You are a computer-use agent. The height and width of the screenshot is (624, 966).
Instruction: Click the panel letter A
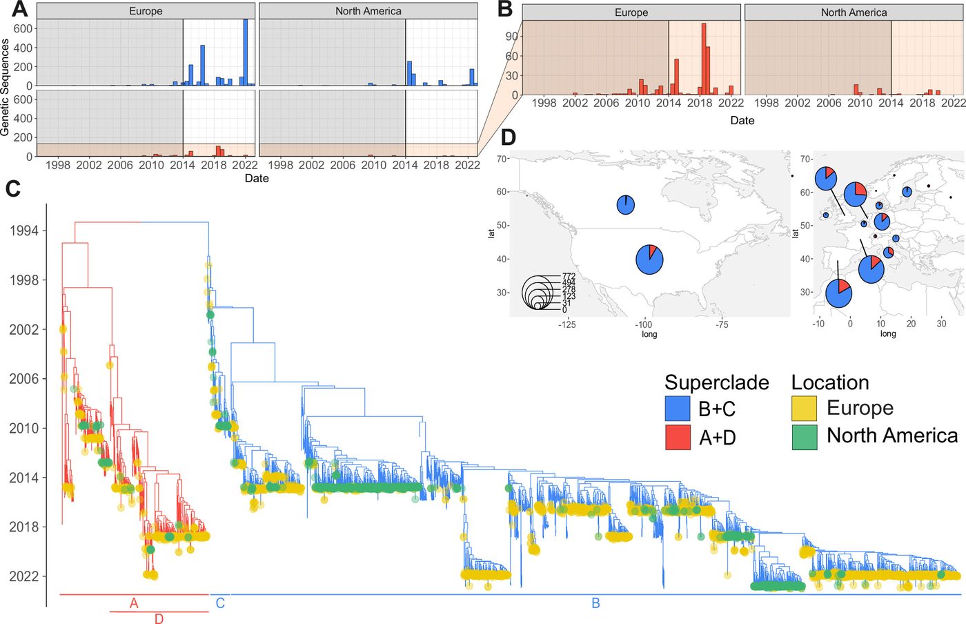pos(20,9)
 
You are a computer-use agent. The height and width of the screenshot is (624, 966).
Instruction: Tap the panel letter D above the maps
pos(509,137)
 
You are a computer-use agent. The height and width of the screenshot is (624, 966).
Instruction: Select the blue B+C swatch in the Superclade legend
pos(678,408)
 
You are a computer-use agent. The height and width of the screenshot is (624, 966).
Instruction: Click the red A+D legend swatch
pos(678,437)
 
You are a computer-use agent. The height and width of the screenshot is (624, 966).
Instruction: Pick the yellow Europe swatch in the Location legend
pos(805,408)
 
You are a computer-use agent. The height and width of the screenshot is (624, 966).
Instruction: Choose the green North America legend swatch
pos(805,437)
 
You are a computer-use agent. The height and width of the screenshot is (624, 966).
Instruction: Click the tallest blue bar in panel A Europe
pos(246,52)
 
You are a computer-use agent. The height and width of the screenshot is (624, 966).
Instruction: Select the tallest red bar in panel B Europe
pos(704,59)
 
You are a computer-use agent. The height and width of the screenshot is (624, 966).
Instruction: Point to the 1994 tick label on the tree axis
pos(24,231)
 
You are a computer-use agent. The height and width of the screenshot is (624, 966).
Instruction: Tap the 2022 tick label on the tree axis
pos(24,576)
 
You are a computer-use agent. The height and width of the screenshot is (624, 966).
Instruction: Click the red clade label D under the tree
pos(159,618)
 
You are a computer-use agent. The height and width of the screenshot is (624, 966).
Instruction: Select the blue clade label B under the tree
pos(595,603)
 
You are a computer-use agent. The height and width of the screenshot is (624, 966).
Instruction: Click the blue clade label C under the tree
pos(220,603)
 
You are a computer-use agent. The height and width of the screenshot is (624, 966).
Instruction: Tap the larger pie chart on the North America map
pos(649,260)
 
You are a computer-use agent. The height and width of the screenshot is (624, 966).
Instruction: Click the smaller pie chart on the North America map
pos(625,205)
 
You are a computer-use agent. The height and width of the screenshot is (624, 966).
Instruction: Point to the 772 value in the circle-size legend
pos(569,276)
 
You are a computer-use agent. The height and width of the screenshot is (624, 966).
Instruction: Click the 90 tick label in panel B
pos(511,37)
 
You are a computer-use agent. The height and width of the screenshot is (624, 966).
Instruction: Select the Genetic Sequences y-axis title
pos(5,87)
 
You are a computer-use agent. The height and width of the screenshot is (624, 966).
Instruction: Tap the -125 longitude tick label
pos(566,324)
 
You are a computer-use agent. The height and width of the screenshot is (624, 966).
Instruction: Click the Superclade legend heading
pos(717,383)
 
